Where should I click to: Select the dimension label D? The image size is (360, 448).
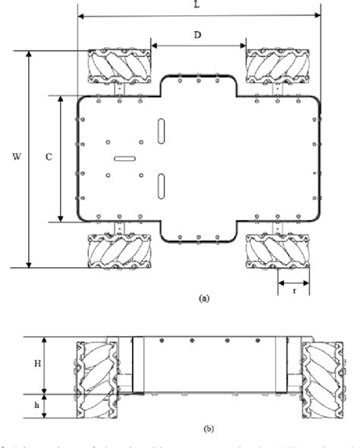(197, 36)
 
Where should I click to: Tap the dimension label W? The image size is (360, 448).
(16, 157)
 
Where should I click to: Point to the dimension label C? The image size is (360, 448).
(48, 157)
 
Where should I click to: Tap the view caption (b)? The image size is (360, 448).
(209, 427)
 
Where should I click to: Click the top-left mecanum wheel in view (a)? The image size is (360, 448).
(119, 66)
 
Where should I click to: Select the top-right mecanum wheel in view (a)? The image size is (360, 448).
(277, 66)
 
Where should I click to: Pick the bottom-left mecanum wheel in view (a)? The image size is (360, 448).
(119, 251)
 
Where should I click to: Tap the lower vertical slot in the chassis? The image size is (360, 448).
(161, 185)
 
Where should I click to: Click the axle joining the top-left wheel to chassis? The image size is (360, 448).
(119, 89)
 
